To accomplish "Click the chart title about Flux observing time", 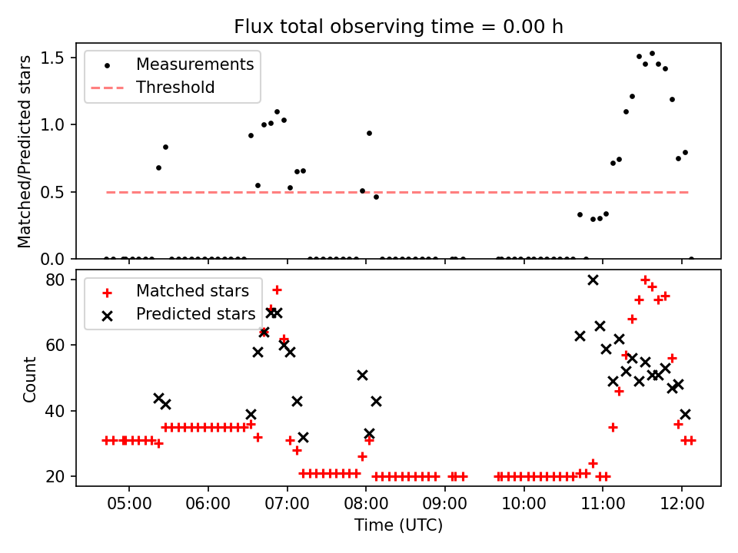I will pyautogui.click(x=398, y=27).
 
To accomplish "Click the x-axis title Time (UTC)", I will pyautogui.click(x=398, y=525).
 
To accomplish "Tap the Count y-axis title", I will pyautogui.click(x=30, y=379).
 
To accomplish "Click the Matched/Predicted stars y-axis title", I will pyautogui.click(x=25, y=151).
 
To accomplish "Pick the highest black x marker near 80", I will pyautogui.click(x=593, y=280).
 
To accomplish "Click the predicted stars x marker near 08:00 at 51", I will pyautogui.click(x=362, y=375).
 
